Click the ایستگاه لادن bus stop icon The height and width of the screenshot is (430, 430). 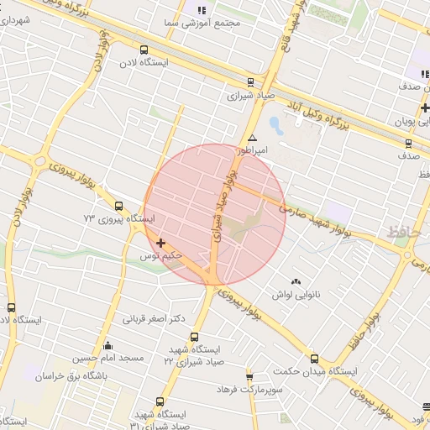tap(144, 50)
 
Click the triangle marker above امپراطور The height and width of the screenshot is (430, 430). tap(252, 138)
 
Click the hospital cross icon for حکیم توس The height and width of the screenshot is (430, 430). tap(160, 242)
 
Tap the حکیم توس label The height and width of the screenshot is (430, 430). tap(161, 254)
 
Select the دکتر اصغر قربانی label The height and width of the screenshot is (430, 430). tap(154, 319)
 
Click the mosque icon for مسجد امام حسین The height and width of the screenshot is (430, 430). tap(107, 345)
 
